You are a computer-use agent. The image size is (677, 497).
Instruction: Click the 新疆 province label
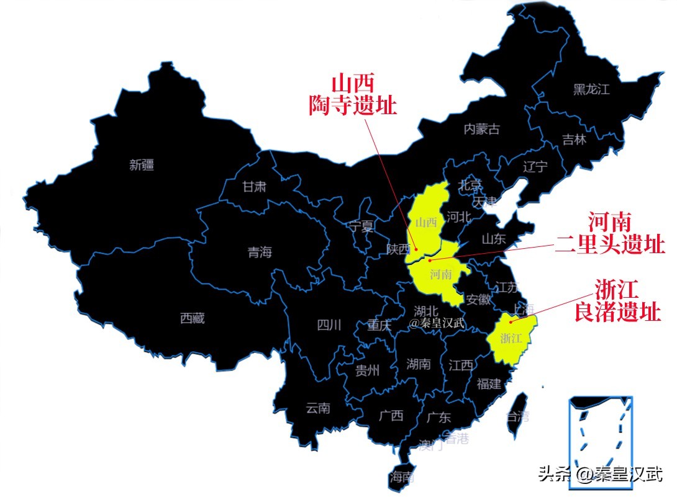142,165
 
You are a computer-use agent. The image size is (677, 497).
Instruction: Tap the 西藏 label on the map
192,318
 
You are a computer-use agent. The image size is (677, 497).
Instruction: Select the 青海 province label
260,253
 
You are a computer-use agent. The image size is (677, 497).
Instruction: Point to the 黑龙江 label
591,89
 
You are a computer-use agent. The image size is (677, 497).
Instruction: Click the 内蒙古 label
481,129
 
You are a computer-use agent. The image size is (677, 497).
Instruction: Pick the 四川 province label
329,325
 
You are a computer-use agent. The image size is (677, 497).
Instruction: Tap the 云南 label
318,408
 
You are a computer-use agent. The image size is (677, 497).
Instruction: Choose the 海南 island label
401,477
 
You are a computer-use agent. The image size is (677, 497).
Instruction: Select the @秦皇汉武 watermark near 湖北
437,323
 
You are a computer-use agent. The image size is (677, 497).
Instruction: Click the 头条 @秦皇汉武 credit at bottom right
601,475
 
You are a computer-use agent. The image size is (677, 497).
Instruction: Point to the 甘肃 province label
254,186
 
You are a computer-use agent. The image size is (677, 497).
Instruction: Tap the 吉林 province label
574,140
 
